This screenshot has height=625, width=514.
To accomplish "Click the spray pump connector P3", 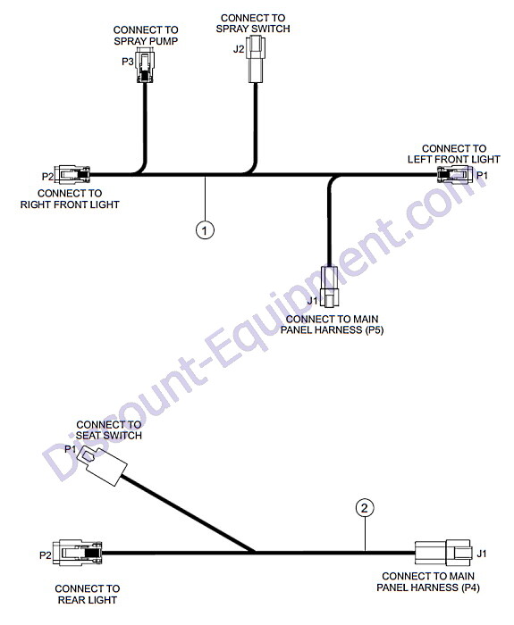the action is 145,64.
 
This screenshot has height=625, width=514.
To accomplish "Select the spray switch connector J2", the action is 256,59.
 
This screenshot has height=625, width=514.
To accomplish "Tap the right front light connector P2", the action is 72,175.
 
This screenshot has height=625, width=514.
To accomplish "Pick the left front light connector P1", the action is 455,175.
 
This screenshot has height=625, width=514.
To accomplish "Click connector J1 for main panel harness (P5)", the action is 329,287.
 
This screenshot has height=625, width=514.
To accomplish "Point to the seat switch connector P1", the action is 102,465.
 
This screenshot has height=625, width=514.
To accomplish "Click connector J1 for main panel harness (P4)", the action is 443,553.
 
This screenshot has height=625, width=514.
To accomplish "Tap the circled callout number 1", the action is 205,230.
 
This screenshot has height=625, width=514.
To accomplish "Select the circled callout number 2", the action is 365,508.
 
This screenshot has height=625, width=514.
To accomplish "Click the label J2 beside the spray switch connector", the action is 239,49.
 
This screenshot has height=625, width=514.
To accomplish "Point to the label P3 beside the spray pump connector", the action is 128,62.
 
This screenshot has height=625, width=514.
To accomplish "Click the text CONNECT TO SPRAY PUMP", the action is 146,36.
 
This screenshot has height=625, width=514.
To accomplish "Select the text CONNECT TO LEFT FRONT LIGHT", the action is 454,154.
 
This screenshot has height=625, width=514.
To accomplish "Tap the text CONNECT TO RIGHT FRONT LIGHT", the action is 70,199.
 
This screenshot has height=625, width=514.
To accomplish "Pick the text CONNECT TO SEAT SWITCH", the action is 109,430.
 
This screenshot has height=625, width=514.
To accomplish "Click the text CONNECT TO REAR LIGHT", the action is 88,595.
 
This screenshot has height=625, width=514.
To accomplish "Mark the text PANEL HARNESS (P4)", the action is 428,587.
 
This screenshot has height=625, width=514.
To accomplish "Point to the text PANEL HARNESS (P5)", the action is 332,330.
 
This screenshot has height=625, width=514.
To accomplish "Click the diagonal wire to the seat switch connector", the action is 188,513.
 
